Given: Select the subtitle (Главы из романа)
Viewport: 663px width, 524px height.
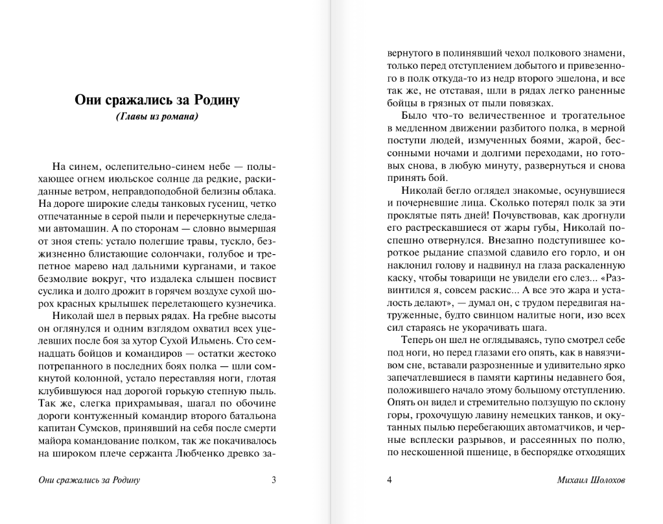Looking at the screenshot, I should [157, 117].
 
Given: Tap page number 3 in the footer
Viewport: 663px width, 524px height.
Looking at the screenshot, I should [273, 480].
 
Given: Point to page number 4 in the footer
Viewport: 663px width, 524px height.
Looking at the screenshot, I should [390, 480].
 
